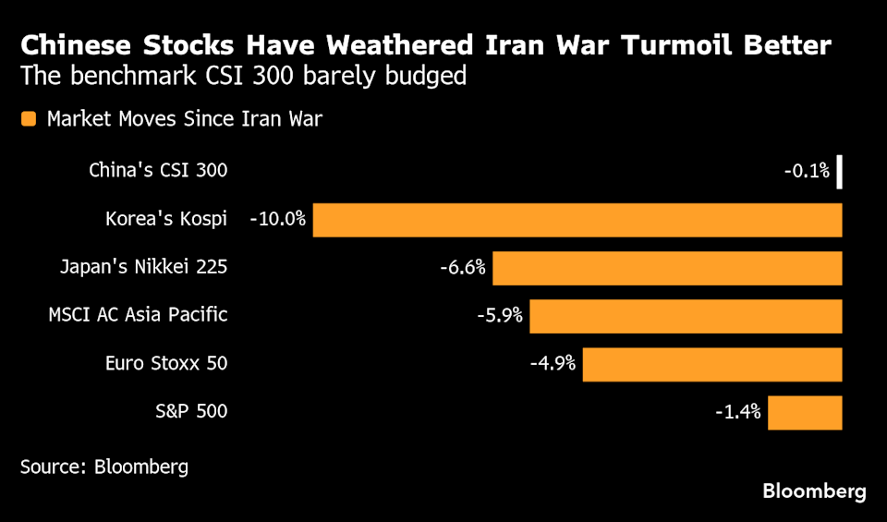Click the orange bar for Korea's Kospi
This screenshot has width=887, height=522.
pyautogui.click(x=577, y=220)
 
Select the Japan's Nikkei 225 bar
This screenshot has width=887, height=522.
pyautogui.click(x=667, y=268)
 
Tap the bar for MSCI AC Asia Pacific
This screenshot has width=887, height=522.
pyautogui.click(x=686, y=316)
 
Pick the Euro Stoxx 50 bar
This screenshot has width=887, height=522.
pyautogui.click(x=712, y=364)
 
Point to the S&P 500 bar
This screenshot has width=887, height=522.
pyautogui.click(x=805, y=412)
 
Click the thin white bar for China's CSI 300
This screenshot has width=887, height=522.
pyautogui.click(x=840, y=172)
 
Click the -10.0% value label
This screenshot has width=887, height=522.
pyautogui.click(x=278, y=220)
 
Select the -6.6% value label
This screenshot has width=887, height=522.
pyautogui.click(x=463, y=268)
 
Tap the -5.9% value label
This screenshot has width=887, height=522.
pyautogui.click(x=499, y=316)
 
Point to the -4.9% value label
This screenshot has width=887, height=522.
pyautogui.click(x=553, y=364)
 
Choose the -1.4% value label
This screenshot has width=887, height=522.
pyautogui.click(x=737, y=412)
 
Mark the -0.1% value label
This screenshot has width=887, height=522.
pyautogui.click(x=807, y=171)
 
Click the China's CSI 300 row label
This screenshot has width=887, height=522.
pyautogui.click(x=158, y=171)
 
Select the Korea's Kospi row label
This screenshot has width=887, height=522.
pyautogui.click(x=166, y=220)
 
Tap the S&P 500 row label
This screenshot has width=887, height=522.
pyautogui.click(x=192, y=412)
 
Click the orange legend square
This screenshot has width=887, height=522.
pyautogui.click(x=29, y=118)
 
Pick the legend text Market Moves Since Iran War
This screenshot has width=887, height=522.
pyautogui.click(x=185, y=118)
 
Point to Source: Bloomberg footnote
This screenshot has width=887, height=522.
pyautogui.click(x=104, y=467)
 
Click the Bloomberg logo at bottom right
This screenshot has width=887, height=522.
pyautogui.click(x=814, y=492)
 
